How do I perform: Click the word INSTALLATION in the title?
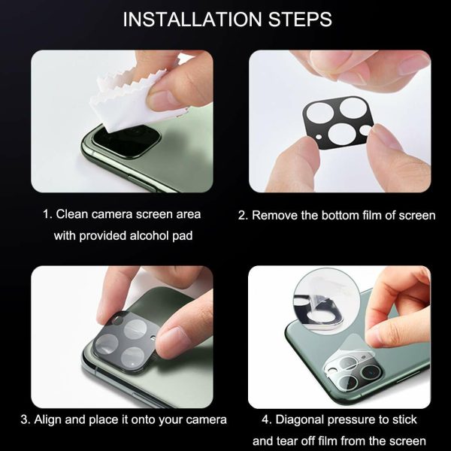pyautogui.click(x=193, y=20)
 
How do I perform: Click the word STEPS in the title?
pyautogui.click(x=300, y=20)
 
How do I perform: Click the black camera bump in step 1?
pyautogui.click(x=125, y=141)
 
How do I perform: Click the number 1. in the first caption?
pyautogui.click(x=48, y=214)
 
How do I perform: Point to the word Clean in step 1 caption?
pyautogui.click(x=74, y=214)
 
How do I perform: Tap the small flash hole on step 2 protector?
pyautogui.click(x=319, y=138)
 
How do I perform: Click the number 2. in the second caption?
pyautogui.click(x=244, y=216)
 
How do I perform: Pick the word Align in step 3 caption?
pyautogui.click(x=48, y=420)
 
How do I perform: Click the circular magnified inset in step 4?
pyautogui.click(x=327, y=301)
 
